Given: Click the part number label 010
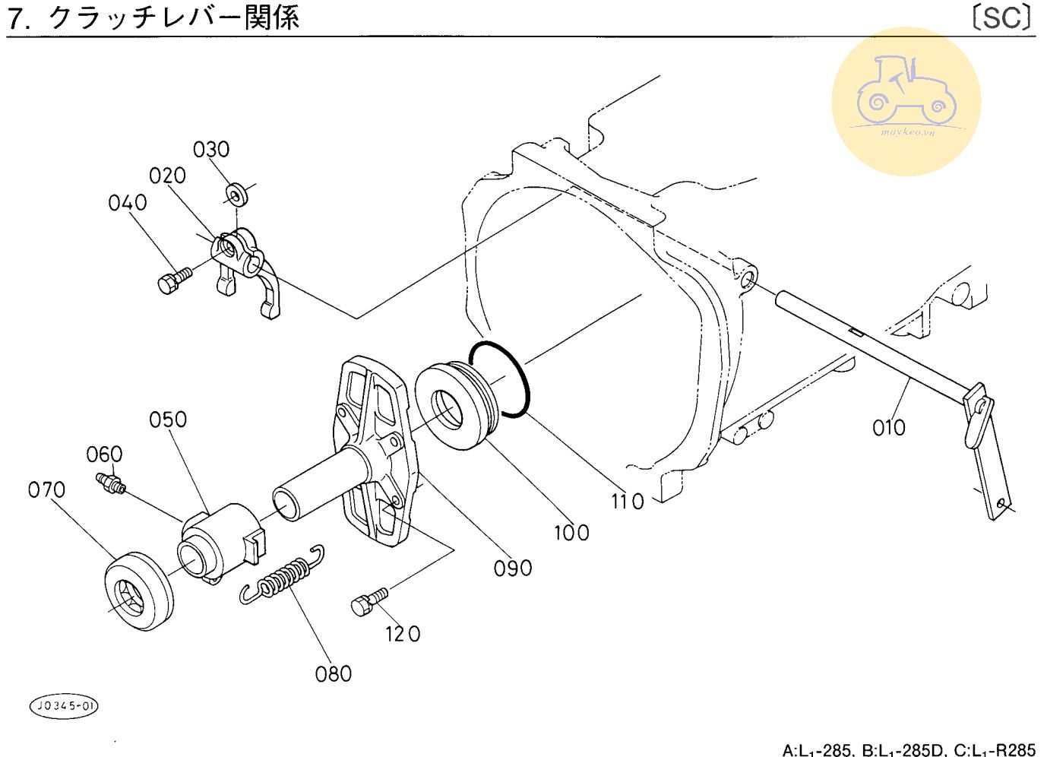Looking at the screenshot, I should point(888,428).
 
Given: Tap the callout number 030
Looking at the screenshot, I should point(211,149).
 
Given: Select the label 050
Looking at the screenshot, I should point(168,420).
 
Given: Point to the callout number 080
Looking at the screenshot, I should point(334,673).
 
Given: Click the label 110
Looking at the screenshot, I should point(628,502).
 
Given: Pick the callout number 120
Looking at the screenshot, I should point(403,634).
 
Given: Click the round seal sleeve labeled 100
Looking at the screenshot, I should point(456,408).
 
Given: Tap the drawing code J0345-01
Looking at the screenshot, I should point(65,706).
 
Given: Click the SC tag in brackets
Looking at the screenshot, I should point(1003,17).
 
